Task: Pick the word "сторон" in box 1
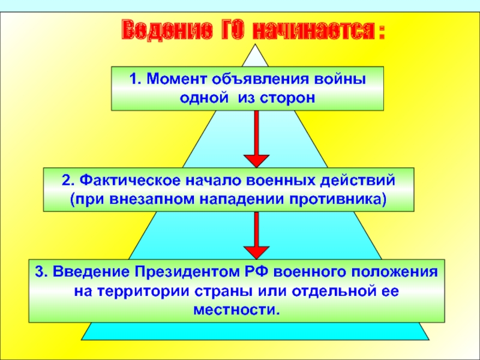287,97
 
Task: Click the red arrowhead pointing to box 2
256,160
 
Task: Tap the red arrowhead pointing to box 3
256,251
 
